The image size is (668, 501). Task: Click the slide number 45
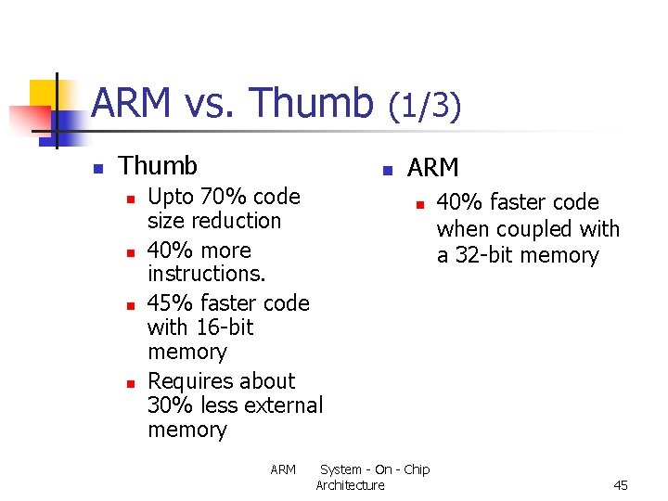coord(621,485)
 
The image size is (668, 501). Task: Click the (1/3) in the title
coord(424,106)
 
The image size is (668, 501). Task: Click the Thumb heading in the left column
coord(159,166)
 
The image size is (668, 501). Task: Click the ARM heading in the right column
coord(433,168)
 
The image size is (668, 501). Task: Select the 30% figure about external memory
coord(168,405)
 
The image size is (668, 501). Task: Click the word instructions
coord(206,274)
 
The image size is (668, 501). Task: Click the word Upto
coord(171,197)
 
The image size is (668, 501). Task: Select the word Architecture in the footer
coord(350,485)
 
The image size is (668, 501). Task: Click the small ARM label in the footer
coord(283,469)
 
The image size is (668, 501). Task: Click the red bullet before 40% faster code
coord(419,204)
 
